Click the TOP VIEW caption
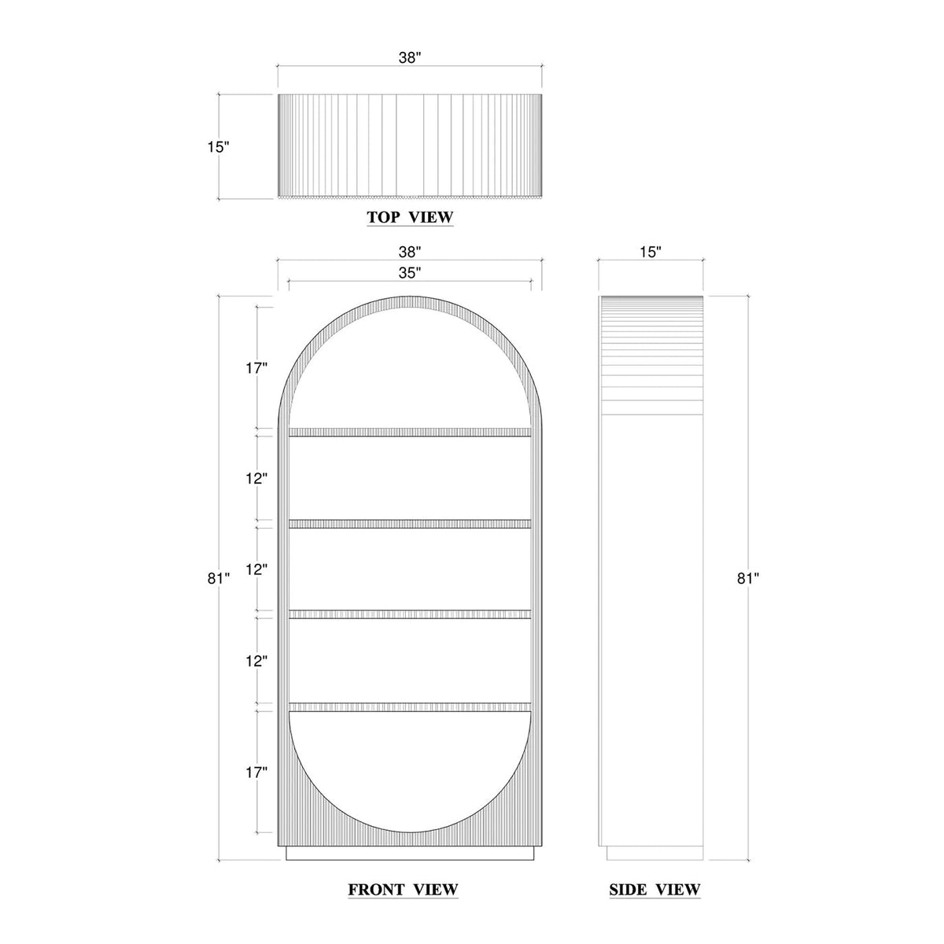pyautogui.click(x=410, y=217)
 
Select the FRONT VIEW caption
pyautogui.click(x=403, y=890)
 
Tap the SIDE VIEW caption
pyautogui.click(x=655, y=890)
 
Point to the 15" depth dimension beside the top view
pyautogui.click(x=219, y=147)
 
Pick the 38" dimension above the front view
pyautogui.click(x=409, y=252)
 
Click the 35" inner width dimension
pyautogui.click(x=409, y=273)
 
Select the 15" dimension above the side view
pyautogui.click(x=650, y=252)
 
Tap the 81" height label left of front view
pyautogui.click(x=219, y=578)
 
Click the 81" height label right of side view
pyautogui.click(x=748, y=578)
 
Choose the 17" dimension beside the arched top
pyautogui.click(x=256, y=367)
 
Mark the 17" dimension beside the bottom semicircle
pyautogui.click(x=256, y=773)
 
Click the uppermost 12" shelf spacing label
pyautogui.click(x=256, y=478)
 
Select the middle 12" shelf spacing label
pyautogui.click(x=256, y=569)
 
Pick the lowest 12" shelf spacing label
pyautogui.click(x=256, y=661)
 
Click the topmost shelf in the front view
pyautogui.click(x=409, y=432)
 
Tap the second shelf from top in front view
pyautogui.click(x=409, y=523)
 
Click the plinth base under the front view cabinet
pyautogui.click(x=409, y=854)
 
